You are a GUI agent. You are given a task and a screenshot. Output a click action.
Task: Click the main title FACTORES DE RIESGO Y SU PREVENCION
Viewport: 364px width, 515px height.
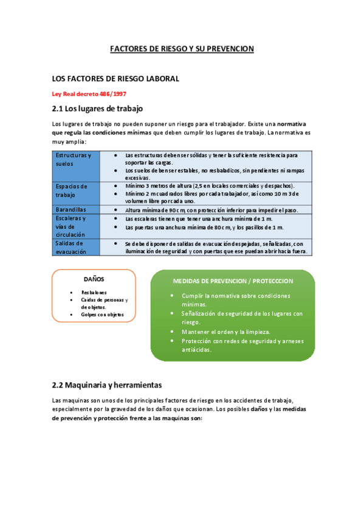click(182, 49)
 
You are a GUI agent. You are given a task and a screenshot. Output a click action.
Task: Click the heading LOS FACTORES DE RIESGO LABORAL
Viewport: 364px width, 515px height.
click(115, 79)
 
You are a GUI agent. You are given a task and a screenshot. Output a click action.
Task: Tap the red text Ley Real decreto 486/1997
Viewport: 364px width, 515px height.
click(89, 94)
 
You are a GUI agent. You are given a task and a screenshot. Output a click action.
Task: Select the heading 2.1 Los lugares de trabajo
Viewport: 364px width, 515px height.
click(97, 109)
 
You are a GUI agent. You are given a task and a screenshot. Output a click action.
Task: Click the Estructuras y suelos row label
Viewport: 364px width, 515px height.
click(74, 159)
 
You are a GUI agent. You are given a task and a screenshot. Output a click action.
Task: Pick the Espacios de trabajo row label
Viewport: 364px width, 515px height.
click(72, 190)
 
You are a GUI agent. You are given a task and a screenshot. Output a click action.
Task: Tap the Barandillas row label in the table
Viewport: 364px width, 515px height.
click(70, 210)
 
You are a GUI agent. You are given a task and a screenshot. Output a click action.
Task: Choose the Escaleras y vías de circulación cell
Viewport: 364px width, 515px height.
click(72, 226)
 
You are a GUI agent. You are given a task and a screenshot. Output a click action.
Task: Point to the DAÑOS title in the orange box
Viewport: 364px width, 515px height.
click(94, 279)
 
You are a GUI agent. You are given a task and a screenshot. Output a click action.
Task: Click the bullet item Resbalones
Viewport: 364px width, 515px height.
click(94, 292)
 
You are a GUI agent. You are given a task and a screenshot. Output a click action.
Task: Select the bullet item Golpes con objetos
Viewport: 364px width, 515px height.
click(102, 315)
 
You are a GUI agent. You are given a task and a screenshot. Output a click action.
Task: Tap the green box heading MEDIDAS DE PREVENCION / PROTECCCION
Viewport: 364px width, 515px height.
click(233, 281)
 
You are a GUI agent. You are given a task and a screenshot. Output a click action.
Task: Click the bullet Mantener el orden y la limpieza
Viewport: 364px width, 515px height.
click(226, 332)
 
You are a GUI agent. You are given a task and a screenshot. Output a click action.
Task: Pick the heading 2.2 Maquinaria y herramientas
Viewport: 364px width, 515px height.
click(107, 385)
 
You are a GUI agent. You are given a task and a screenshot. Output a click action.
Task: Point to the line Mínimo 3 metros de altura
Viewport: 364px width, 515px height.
click(210, 185)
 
